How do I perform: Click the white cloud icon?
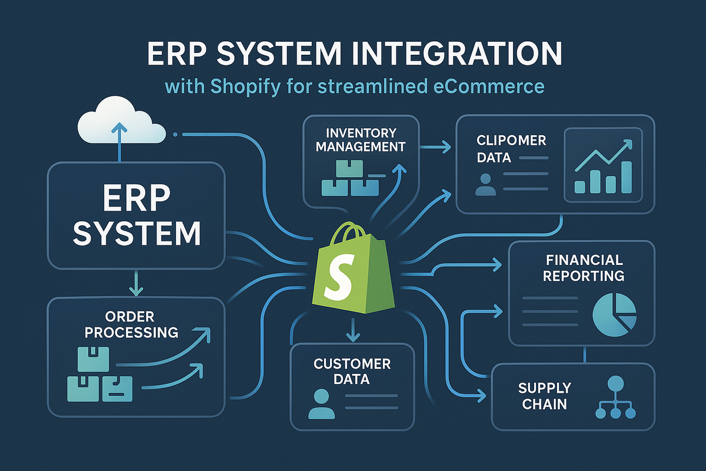coord(120,121)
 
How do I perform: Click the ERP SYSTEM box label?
coord(136,216)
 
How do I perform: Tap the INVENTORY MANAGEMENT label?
coord(361,140)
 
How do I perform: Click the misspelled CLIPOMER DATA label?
coord(504,149)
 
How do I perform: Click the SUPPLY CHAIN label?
coord(544,396)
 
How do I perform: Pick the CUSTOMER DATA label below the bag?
coord(352,371)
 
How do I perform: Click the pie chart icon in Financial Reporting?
coord(615,314)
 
